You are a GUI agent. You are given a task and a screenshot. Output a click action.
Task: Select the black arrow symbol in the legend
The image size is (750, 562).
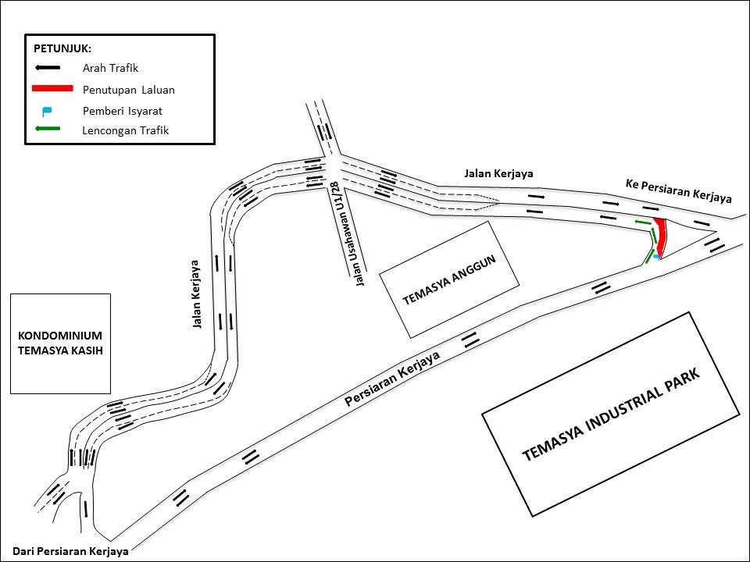[x=48, y=68]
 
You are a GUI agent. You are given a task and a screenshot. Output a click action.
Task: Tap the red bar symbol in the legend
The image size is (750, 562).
[x=53, y=89]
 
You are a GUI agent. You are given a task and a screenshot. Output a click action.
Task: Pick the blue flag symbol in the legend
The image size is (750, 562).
[x=47, y=111]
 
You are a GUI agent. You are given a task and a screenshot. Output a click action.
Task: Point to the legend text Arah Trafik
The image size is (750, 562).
[x=110, y=69]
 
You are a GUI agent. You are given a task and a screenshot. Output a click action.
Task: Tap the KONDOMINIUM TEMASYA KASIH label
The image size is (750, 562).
[x=60, y=343]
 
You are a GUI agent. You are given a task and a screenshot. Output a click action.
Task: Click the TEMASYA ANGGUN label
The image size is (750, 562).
[x=449, y=279]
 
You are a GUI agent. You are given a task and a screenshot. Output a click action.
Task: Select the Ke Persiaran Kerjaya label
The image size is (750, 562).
[x=678, y=190]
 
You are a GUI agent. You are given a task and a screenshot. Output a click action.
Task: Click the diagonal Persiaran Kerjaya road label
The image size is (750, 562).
[x=392, y=378]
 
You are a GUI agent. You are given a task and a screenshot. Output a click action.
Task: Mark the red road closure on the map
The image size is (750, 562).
[x=661, y=236]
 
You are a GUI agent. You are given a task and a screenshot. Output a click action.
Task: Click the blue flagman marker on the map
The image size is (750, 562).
[x=658, y=255]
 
